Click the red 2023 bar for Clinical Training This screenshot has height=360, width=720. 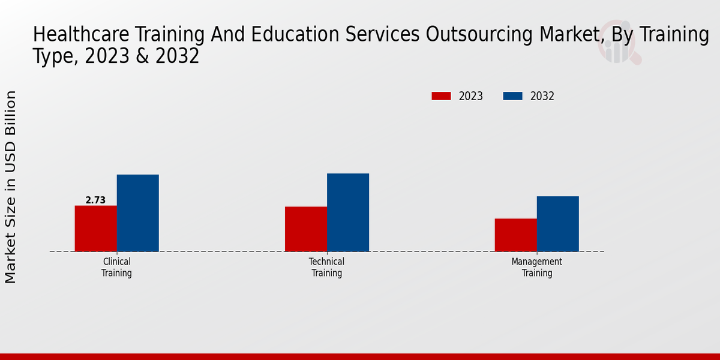95,229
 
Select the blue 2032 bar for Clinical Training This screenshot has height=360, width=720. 137,213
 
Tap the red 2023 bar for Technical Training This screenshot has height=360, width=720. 305,229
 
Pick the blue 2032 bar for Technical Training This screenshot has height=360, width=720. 348,212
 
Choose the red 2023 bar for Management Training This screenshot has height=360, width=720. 515,235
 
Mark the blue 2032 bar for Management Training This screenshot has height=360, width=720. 557,224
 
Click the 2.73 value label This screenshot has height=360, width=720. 95,200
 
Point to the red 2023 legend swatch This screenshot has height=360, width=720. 441,96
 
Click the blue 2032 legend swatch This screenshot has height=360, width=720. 512,96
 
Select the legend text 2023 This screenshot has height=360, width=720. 471,96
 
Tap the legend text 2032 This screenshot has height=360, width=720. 542,96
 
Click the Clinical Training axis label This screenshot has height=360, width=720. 116,267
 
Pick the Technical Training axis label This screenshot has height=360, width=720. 326,267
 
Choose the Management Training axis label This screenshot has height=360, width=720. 536,267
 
